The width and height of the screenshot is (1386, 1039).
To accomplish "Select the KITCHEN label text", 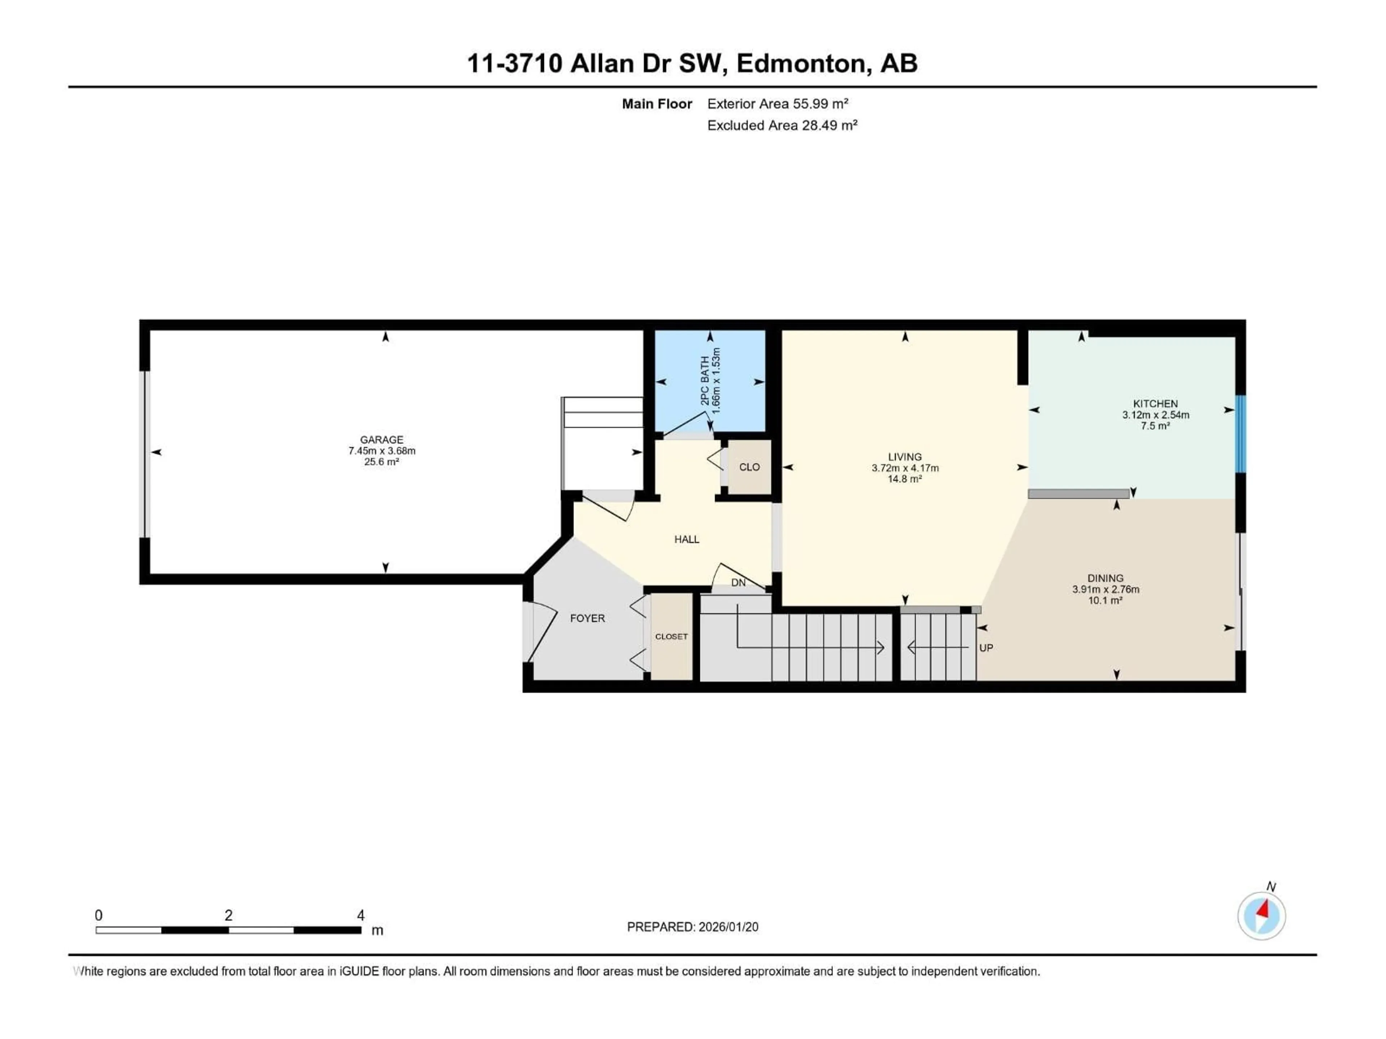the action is tap(1155, 404).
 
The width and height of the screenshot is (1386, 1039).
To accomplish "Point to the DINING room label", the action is tap(1105, 578).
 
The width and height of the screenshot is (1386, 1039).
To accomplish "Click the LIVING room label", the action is tap(904, 457).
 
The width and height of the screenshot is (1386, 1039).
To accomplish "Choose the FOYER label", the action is tap(587, 618).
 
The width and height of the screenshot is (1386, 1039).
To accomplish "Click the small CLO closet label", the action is tap(749, 467).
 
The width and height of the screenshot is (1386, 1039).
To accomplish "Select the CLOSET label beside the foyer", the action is tap(671, 636).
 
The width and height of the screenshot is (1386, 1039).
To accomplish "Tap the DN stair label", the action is tap(738, 582).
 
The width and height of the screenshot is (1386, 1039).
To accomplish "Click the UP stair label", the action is tap(986, 648).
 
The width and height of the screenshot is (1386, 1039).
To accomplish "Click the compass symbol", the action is tap(1261, 916).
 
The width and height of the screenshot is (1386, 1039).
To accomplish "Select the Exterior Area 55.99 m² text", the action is tap(777, 104).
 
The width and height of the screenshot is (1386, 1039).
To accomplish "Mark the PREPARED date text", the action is tap(692, 927).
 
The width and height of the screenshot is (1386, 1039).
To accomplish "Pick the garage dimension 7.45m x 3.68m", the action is tap(382, 451).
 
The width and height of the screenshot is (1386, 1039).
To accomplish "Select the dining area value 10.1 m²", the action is tap(1105, 600).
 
